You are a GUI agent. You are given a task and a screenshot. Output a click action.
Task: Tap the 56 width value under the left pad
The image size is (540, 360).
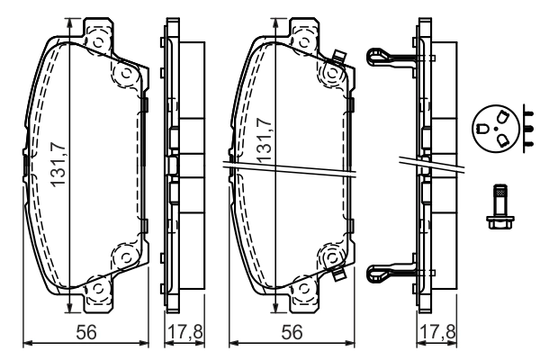click(86, 332)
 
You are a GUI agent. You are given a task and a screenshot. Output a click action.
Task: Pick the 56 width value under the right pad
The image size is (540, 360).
click(291, 332)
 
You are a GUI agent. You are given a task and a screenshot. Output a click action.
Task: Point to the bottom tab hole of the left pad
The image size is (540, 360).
click(94, 290)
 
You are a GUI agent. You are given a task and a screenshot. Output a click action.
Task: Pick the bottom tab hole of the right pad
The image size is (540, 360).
click(300, 290)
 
